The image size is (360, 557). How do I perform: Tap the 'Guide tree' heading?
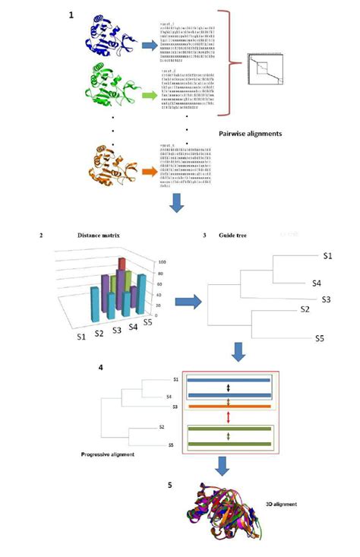pyautogui.click(x=242, y=236)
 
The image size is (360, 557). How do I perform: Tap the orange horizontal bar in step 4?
pyautogui.click(x=226, y=408)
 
